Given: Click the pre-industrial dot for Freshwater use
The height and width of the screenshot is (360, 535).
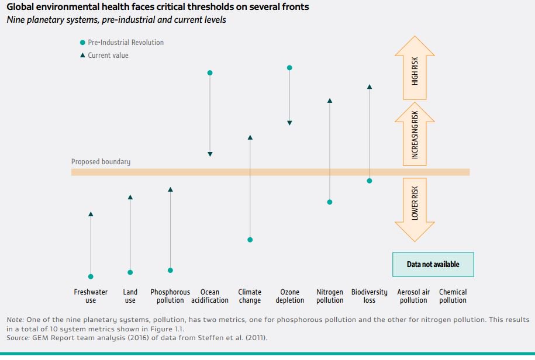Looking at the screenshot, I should pos(91,276).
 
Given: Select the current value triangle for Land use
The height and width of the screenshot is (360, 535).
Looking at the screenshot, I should pos(130,198).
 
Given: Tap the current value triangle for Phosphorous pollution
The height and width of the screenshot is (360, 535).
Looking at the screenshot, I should pos(170,189).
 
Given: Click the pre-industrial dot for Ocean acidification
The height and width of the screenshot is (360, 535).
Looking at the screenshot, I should pos(210,73).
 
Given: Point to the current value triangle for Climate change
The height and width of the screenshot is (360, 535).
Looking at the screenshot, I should pos(250,138).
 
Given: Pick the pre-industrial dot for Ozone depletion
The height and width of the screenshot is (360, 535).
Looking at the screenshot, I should pos(289,68).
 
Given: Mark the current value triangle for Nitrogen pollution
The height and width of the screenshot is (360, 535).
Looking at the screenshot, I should pos(330,101).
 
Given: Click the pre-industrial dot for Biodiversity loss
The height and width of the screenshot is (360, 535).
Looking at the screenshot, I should pos(370,181).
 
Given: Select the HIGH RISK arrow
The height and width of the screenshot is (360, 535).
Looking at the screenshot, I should pos(415,68).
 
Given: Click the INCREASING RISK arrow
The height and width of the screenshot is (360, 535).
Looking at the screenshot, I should pos(415,135).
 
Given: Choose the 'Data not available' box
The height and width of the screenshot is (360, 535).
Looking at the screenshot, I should pos(433,264).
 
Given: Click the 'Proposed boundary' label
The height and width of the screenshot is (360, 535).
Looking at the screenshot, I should pos(101,162).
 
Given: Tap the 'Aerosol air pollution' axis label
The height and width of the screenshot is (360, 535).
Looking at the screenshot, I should pos(413,296).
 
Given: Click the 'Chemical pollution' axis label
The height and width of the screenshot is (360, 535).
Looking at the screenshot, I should pos(453,296).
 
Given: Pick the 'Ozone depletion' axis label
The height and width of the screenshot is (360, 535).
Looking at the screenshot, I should pos(290,296).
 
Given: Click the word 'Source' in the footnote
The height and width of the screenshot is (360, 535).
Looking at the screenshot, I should pos(18,337).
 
